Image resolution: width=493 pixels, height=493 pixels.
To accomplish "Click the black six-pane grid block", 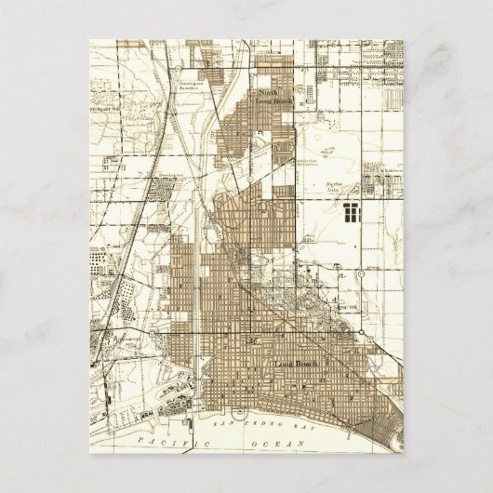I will point(351,213).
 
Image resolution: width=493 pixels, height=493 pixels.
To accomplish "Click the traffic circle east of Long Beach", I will point(374,348).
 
